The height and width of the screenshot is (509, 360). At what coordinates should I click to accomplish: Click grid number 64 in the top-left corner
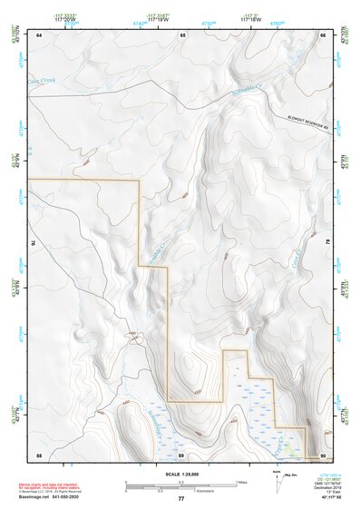tap(39, 34)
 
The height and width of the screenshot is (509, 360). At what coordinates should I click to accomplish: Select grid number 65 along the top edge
tap(182, 34)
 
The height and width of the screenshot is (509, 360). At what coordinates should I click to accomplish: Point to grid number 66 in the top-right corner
tap(323, 34)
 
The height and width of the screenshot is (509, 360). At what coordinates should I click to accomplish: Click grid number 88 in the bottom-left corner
tap(39, 454)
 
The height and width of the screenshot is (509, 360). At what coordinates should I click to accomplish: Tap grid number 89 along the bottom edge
tap(181, 454)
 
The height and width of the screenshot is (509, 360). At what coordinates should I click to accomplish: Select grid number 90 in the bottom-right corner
tap(323, 454)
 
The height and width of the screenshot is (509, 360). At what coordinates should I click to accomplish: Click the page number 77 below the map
tap(181, 499)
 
